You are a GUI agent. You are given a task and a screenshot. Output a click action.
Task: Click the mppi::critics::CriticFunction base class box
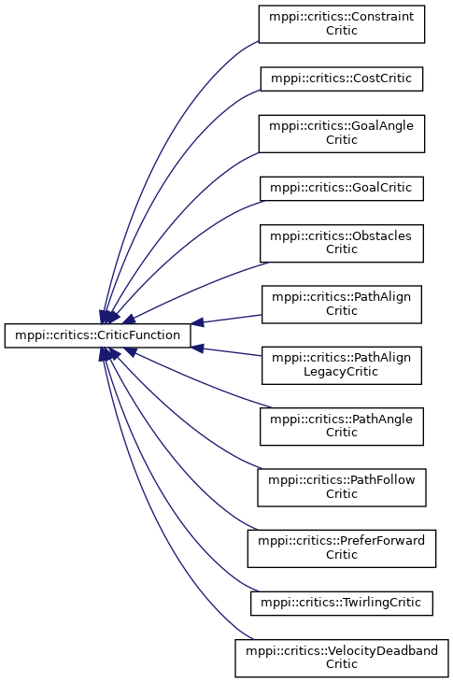pyautogui.click(x=97, y=335)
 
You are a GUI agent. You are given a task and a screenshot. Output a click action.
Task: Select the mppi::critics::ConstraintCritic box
pyautogui.click(x=342, y=24)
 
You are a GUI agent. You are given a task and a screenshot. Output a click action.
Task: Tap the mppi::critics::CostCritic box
pyautogui.click(x=342, y=78)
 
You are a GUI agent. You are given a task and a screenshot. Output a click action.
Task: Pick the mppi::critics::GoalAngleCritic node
pyautogui.click(x=342, y=134)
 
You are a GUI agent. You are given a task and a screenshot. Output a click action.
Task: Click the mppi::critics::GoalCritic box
pyautogui.click(x=342, y=188)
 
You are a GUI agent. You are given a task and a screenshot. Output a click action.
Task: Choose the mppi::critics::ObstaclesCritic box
pyautogui.click(x=342, y=243)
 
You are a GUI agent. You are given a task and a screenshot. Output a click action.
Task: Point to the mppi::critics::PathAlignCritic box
pyautogui.click(x=342, y=304)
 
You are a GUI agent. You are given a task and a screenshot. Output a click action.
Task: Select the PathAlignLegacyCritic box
pyautogui.click(x=342, y=365)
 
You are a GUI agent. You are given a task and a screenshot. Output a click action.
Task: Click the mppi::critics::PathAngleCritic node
pyautogui.click(x=342, y=426)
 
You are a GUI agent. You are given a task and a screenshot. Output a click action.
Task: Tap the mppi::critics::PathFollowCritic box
pyautogui.click(x=342, y=488)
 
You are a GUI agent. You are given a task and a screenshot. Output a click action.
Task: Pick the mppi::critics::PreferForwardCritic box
pyautogui.click(x=342, y=548)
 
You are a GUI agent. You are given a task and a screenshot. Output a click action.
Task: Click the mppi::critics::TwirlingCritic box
pyautogui.click(x=342, y=604)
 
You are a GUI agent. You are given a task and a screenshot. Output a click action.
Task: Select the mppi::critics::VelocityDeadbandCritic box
pyautogui.click(x=342, y=658)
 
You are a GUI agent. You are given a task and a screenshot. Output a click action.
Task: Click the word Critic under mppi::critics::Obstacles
pyautogui.click(x=342, y=249)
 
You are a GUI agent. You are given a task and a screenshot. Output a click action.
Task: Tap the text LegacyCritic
pyautogui.click(x=341, y=372)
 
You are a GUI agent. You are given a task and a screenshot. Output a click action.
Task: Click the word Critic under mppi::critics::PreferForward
pyautogui.click(x=342, y=554)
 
